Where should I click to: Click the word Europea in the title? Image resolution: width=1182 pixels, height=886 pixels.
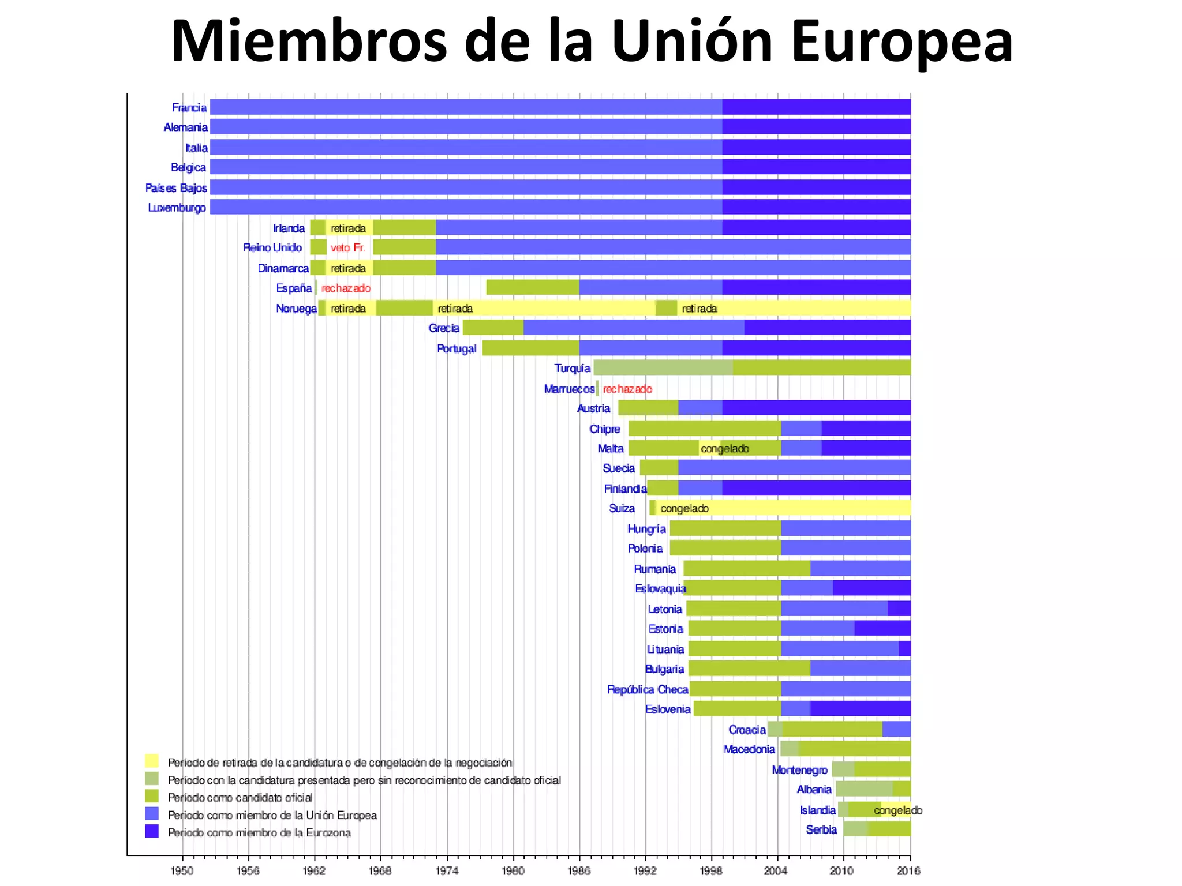pos(902,42)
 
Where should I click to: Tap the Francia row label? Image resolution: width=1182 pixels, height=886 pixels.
pos(189,108)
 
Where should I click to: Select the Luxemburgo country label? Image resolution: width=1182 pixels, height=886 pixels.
pos(177,208)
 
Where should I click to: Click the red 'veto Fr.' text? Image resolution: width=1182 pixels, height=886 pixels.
pos(347,248)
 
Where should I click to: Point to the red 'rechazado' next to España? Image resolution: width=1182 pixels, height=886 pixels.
pos(346,288)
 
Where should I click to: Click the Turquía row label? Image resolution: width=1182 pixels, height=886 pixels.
pos(572,368)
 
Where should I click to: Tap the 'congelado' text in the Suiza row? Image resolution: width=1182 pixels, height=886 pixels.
pos(684,508)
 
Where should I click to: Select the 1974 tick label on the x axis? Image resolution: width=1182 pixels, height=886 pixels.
pos(447,870)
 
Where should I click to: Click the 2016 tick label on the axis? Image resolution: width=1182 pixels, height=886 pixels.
pos(908,870)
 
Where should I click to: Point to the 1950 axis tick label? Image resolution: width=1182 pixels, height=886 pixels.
pos(182,870)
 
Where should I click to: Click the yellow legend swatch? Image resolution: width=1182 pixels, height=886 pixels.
pos(152,761)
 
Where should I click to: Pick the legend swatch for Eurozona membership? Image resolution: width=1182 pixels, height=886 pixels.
pos(152,831)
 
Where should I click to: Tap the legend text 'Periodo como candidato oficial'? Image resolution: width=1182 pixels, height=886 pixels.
pos(240,798)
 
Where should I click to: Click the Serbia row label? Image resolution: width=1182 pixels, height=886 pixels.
pos(821,829)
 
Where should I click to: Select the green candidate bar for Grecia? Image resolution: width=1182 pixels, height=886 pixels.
pos(493,328)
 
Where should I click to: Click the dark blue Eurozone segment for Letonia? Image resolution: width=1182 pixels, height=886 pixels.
pos(899,609)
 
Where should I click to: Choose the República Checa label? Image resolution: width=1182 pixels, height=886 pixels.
pos(647,689)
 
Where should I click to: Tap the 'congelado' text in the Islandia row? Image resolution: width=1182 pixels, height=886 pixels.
pos(897,810)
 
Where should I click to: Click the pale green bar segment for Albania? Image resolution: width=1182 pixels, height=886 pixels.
pos(864,789)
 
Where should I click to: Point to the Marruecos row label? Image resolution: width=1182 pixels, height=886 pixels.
pos(568,389)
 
